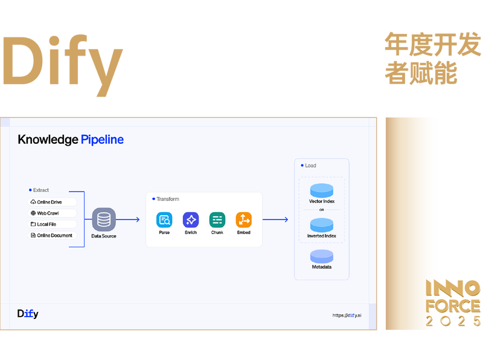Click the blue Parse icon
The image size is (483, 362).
pos(164,220)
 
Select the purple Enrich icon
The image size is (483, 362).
pos(191,220)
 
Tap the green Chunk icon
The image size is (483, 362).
pos(217,220)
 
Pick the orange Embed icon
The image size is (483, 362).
pos(244,220)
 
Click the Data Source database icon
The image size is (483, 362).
pos(104,219)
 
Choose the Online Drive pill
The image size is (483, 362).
pos(52,202)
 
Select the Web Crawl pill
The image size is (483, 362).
pos(52,213)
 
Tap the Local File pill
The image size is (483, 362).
pos(52,224)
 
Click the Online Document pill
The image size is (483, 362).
pos(52,235)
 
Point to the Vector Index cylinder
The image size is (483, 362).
pos(322,190)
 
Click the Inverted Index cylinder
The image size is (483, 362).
pos(322,225)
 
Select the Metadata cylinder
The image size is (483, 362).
pos(322,257)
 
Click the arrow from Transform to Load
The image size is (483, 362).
pos(275,219)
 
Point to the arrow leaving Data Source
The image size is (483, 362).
pos(128,219)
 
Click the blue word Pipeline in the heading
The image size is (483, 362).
pos(102,140)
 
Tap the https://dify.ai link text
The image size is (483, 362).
pos(347,315)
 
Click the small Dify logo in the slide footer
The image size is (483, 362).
pos(28,314)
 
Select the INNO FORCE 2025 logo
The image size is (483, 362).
pos(453,303)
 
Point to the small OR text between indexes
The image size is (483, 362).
pos(322,210)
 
